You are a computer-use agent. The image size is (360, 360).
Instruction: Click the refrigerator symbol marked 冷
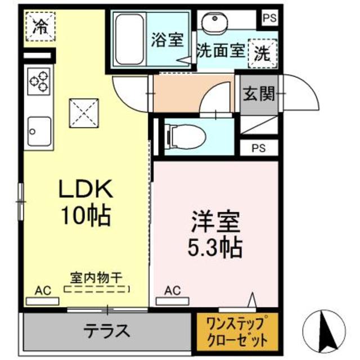[40, 26]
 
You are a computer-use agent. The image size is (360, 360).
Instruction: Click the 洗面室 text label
[220, 50]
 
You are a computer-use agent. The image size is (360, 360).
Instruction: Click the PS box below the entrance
[258, 148]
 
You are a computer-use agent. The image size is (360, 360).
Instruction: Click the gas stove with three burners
[39, 82]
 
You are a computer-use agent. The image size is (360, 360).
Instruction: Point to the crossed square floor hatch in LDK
[83, 114]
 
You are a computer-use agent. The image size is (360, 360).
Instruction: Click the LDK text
[87, 190]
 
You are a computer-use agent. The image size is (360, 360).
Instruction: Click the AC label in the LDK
[43, 290]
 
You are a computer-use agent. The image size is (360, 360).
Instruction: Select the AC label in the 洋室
[172, 290]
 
